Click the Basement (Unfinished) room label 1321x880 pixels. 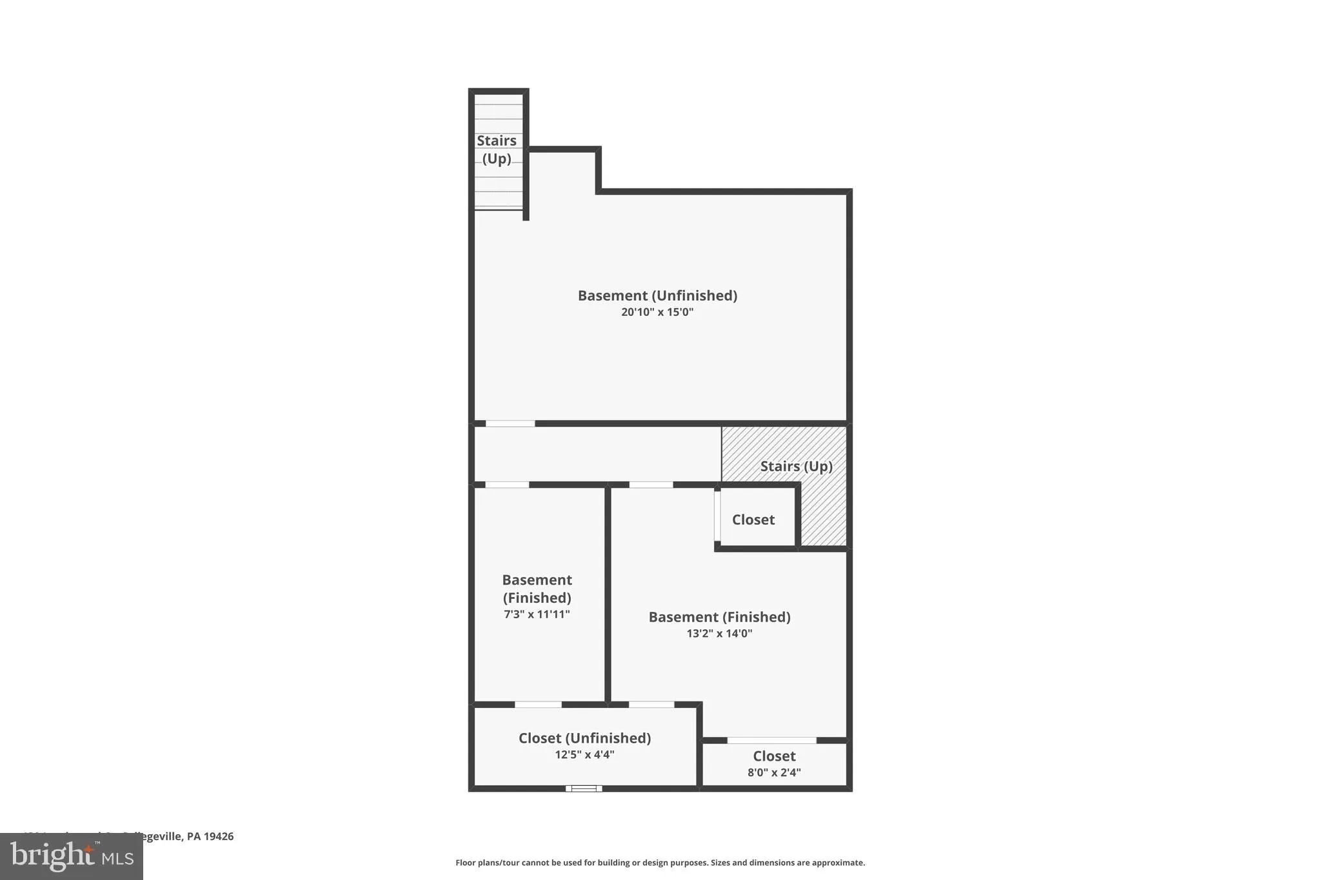point(657,295)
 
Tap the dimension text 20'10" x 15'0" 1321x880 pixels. point(657,312)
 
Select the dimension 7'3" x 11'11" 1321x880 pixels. point(537,614)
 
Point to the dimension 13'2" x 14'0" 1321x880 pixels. point(719,634)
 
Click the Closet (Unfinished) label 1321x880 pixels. point(584,738)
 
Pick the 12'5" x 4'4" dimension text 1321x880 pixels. point(584,755)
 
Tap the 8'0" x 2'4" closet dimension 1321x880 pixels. point(774,772)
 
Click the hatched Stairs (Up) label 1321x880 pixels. point(796,466)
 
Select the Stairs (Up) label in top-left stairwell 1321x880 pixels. point(497,150)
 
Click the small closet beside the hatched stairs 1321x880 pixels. point(753,520)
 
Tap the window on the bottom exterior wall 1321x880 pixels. point(584,788)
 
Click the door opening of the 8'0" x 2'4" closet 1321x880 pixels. point(771,740)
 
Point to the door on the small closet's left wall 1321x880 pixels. point(717,516)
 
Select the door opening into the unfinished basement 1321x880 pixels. point(510,424)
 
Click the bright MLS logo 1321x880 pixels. point(72,856)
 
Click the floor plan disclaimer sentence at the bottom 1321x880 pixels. point(660,863)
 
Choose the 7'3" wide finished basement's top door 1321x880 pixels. point(507,485)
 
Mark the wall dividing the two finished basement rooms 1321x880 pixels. point(608,593)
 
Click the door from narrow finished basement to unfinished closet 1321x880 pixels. point(538,705)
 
